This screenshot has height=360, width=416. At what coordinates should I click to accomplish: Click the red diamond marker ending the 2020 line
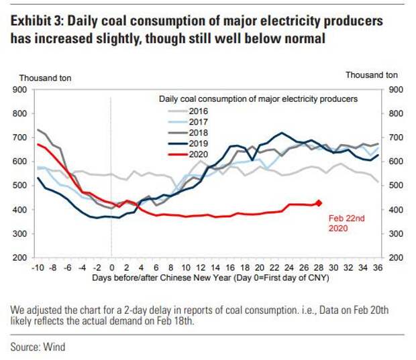(319, 203)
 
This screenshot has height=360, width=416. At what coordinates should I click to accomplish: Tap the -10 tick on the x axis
(38, 266)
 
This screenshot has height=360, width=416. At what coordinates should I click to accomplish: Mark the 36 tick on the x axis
(378, 266)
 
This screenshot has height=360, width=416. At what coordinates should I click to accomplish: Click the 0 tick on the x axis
(111, 266)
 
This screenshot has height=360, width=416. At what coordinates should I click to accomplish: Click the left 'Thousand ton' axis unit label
(42, 76)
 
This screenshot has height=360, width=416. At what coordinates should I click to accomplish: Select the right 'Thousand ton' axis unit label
(372, 75)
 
